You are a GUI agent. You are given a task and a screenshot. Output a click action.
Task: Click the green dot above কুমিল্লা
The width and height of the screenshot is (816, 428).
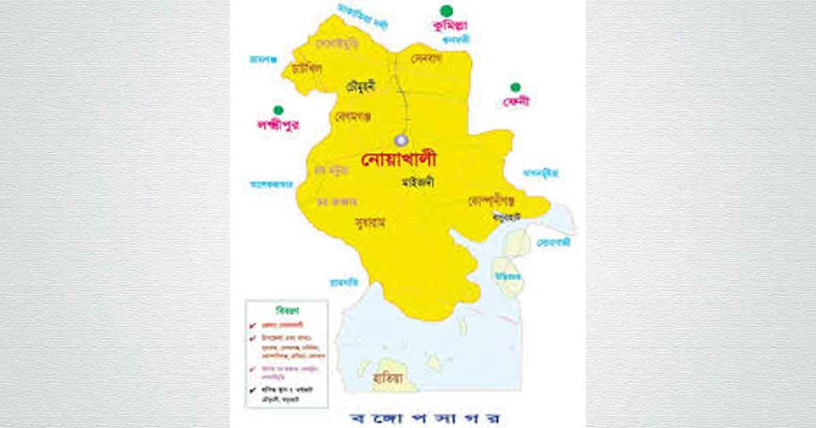point(446,10)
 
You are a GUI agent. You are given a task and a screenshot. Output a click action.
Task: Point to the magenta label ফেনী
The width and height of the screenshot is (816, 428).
point(516,101)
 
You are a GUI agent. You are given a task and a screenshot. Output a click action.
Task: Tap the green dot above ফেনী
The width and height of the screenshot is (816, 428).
point(515,87)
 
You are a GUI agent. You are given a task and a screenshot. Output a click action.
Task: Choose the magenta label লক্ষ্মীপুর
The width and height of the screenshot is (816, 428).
point(277,124)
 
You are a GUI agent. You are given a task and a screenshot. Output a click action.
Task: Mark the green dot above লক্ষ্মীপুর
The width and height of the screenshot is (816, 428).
point(277,110)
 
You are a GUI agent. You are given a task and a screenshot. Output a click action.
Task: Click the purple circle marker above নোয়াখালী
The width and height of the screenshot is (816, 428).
point(401,139)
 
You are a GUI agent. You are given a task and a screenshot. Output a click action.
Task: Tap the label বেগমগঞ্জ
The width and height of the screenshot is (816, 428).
point(353,117)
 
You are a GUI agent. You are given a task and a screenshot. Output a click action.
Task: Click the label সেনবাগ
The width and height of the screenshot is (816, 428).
point(427,59)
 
